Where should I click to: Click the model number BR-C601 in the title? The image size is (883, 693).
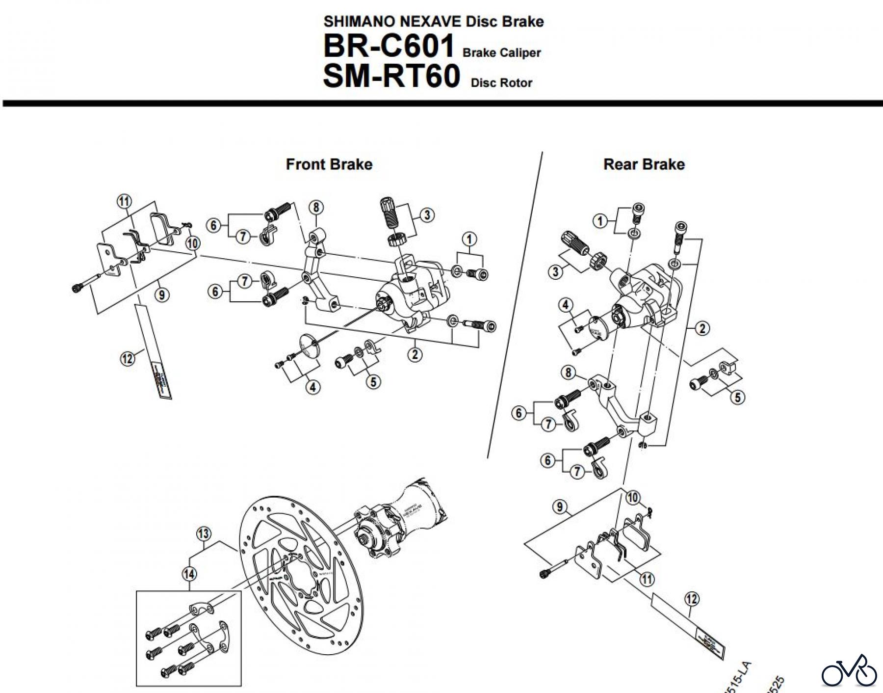(389, 47)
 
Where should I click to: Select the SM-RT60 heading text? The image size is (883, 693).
(391, 77)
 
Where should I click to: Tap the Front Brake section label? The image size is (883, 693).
(329, 164)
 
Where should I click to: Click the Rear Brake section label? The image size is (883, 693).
(644, 164)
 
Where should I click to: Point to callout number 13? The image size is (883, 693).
(204, 533)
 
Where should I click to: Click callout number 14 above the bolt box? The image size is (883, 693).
(189, 573)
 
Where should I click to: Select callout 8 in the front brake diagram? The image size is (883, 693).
(316, 208)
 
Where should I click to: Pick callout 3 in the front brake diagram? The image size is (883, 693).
(427, 215)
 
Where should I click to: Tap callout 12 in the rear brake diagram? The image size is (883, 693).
(691, 599)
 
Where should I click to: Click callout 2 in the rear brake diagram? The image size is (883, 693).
(702, 328)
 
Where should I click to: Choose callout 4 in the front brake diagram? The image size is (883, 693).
(313, 387)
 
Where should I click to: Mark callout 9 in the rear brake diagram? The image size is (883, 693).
(560, 506)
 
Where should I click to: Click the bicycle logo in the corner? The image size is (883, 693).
(849, 670)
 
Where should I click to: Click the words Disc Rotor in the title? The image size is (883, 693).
(501, 82)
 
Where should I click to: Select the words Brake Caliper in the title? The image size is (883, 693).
(501, 53)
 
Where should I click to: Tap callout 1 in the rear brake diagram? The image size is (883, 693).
(599, 221)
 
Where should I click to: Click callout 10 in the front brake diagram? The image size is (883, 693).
(193, 243)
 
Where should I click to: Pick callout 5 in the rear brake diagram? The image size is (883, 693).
(737, 397)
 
